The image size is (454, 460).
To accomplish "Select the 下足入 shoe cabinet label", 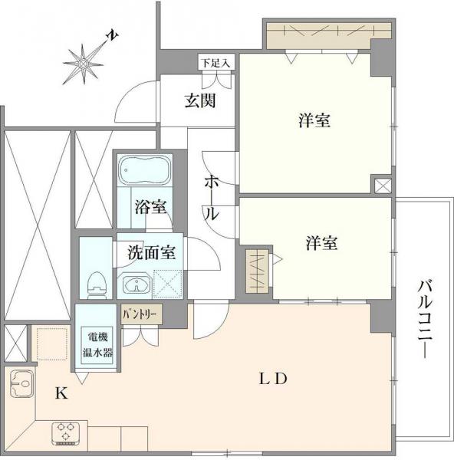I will click(214, 61).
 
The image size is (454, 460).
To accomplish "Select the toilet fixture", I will click(96, 284).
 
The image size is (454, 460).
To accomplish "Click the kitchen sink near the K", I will click(21, 382).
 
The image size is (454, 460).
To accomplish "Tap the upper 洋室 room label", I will click(314, 120).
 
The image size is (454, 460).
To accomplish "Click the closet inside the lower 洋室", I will click(258, 270).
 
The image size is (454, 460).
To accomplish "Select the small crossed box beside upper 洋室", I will click(383, 185).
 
